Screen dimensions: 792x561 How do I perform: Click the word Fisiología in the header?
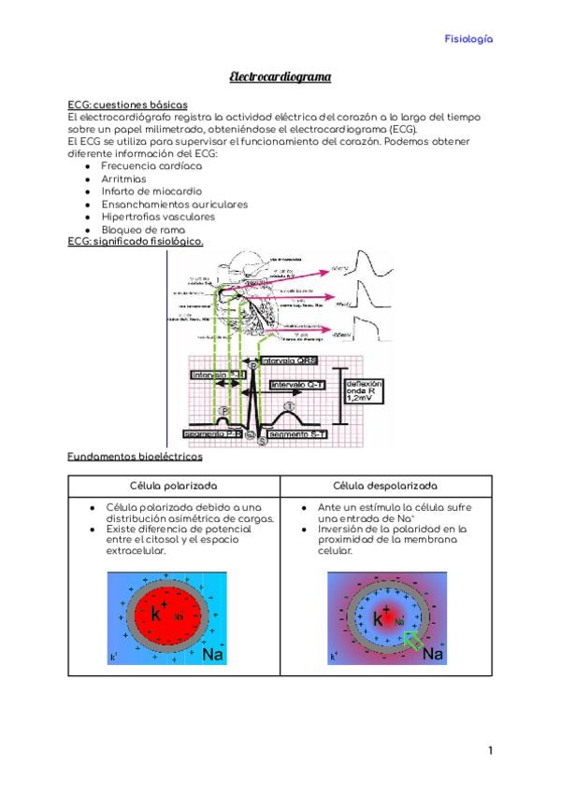point(468,39)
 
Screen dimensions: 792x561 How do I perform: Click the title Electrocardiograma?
point(280,78)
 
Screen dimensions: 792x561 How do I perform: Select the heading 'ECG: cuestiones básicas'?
point(128,105)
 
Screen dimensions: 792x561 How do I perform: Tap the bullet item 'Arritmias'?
point(123,177)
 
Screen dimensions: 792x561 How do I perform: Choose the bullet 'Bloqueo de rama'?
point(142,229)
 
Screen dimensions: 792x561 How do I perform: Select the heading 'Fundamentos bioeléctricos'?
point(135,457)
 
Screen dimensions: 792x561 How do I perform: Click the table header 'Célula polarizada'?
point(173,486)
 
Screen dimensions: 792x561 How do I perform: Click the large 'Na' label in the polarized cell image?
point(214,655)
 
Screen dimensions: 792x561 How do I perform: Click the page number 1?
point(490,751)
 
